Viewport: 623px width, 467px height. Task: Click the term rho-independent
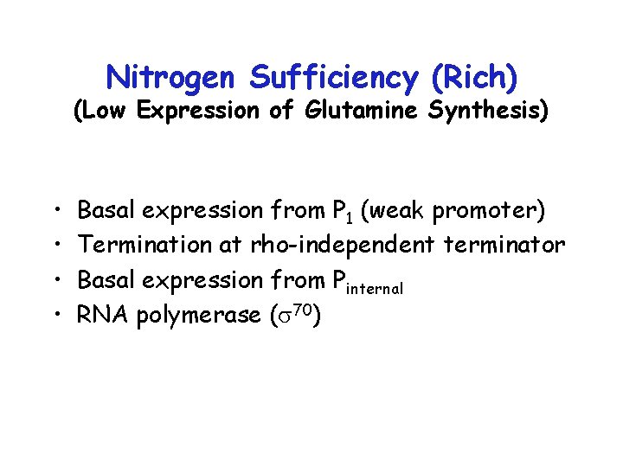(x=344, y=245)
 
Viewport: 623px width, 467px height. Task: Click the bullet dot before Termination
(x=56, y=246)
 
